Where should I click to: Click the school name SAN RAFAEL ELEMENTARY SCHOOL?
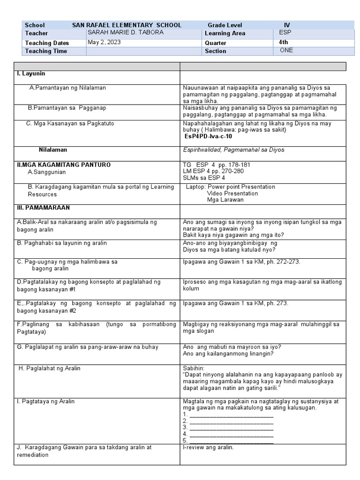(127, 25)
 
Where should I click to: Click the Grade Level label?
(225, 25)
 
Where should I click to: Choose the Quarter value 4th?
(284, 42)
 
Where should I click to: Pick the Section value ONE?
(286, 51)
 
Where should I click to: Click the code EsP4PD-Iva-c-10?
(209, 137)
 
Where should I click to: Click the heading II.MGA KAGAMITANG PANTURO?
(64, 165)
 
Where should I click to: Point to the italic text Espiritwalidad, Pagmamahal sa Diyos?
(233, 150)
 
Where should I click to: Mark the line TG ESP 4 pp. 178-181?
(217, 165)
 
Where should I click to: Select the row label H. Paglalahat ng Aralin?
(50, 368)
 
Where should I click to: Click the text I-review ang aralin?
(208, 447)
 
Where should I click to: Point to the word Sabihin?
(194, 368)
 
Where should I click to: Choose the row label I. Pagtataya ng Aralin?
(46, 402)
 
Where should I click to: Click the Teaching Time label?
(46, 51)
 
